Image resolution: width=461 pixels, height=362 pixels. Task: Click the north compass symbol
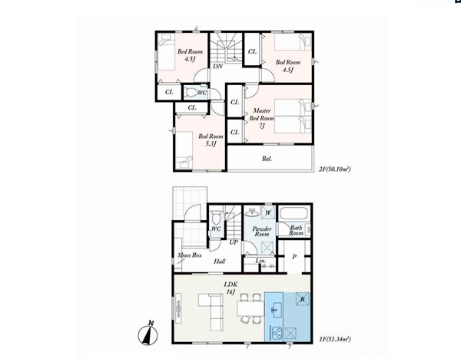pos(148,334)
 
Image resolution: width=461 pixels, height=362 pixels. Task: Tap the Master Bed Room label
pos(261,118)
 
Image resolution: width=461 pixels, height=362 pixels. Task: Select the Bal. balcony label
pos(267,159)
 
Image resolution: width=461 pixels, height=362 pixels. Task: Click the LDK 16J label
pos(230,288)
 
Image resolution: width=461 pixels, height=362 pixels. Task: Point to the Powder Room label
pos(262,232)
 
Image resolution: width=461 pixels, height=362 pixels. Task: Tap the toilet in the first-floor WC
pos(217,217)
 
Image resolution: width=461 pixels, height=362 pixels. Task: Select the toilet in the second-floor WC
pos(191,93)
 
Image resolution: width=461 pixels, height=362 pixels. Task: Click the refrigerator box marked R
pos(302,299)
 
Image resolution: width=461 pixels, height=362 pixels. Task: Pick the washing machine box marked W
pos(268,212)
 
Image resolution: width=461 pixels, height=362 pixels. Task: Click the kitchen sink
pos(276,309)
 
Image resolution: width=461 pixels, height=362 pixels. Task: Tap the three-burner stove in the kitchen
pos(277,334)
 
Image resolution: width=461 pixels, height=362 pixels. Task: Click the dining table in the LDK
pos(250,308)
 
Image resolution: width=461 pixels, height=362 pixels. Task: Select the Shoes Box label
pos(190,255)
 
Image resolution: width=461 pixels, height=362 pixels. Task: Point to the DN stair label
pos(217,67)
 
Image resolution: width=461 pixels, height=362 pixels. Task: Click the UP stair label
pos(234,242)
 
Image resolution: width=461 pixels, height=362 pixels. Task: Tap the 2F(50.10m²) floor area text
pos(335,169)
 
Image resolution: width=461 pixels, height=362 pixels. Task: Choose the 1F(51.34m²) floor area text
pos(335,340)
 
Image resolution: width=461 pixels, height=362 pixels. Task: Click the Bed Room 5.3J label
pos(211,140)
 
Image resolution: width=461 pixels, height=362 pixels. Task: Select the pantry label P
pos(294,257)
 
